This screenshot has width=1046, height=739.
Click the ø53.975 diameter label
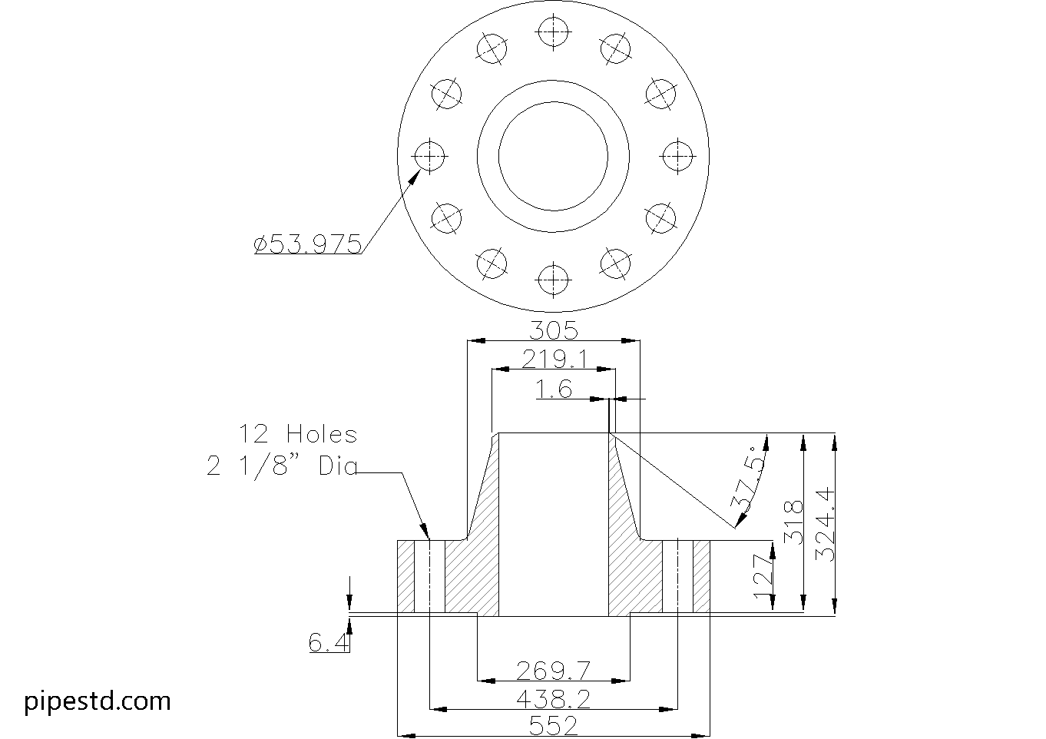pos(307,244)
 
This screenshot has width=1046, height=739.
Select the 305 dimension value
pos(554,331)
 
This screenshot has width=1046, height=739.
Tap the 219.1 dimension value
pos(554,360)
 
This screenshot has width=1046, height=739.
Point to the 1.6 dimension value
pos(554,390)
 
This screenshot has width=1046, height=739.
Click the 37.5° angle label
pos(750,479)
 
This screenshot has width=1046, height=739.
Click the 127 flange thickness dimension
pos(763,576)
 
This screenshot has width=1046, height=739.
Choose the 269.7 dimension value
pos(553,671)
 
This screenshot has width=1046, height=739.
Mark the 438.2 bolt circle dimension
pos(553,699)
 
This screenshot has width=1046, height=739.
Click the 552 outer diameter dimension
pos(553,727)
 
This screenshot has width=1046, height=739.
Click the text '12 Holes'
pos(298,435)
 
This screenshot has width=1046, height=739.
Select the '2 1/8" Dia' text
pos(282,466)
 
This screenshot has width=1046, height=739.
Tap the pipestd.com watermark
pos(98,701)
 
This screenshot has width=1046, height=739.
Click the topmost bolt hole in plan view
pos(553,31)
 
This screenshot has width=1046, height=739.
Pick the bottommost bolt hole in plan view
pos(553,280)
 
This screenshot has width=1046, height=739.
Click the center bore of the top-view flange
pos(553,156)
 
